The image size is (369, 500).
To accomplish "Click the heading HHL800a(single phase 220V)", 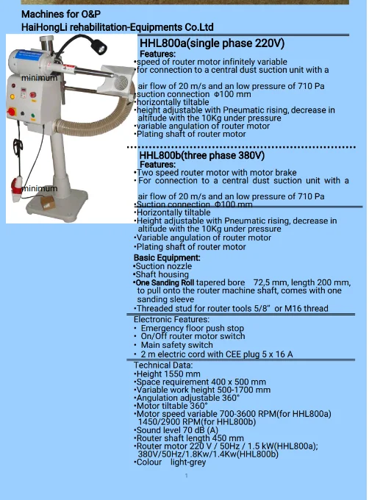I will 212,44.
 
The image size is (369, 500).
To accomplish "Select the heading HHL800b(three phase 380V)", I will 201,156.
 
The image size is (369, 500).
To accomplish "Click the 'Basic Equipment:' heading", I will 166,258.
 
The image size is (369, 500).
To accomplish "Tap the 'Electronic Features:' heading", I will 171,320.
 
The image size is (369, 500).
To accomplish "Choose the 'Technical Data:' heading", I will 163,365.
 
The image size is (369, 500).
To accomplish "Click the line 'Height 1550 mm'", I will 168,374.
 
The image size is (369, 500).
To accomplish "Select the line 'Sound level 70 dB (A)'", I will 178,430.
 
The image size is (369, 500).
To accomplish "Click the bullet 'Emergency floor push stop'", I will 192,329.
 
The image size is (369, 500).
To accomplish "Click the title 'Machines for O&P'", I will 61,14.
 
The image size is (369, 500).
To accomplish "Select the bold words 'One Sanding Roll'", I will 165,282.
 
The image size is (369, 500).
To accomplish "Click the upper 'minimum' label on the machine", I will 39,77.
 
